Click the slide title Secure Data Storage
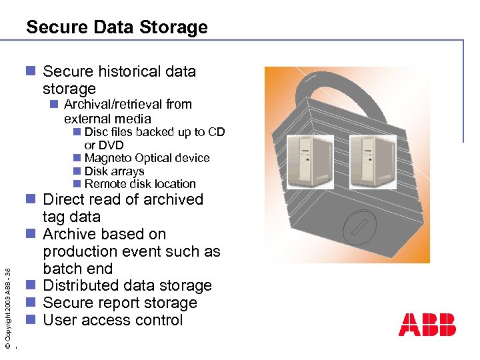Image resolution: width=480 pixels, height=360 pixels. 117,27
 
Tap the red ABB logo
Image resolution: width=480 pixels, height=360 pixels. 427,324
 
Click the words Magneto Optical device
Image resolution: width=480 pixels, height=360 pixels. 147,158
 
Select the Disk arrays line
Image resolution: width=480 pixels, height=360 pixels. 114,171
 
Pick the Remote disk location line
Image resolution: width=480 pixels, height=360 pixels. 140,184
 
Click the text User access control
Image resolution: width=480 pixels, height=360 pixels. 113,320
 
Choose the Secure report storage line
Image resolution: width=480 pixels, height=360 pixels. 120,303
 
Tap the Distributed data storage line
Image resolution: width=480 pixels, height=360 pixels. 127,285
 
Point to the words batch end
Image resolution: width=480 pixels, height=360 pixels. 78,269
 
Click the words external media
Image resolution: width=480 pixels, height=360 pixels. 107,119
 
